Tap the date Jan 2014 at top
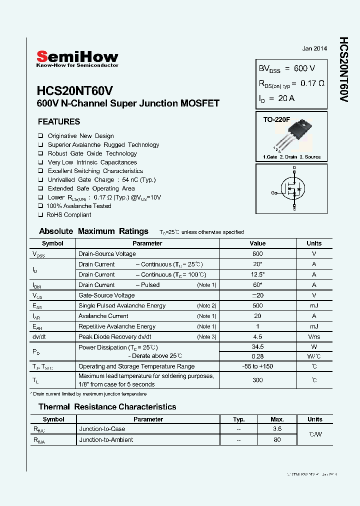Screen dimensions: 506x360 click(314, 48)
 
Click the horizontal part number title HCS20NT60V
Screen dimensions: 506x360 click(75, 90)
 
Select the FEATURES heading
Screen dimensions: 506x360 click(59, 121)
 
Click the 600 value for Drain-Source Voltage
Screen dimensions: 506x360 click(257, 254)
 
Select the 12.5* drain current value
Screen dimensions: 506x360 click(257, 274)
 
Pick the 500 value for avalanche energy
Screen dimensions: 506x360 click(257, 305)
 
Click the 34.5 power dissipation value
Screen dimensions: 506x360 click(257, 346)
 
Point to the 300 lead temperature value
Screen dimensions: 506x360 click(257, 380)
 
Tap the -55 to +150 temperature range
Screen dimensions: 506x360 click(257, 366)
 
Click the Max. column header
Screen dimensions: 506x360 click(277, 419)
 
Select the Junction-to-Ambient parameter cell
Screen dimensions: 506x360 click(106, 440)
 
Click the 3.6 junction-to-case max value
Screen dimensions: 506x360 click(277, 429)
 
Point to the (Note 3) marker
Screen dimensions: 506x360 click(206, 336)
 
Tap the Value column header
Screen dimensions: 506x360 click(257, 243)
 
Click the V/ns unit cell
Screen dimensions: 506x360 click(314, 336)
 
